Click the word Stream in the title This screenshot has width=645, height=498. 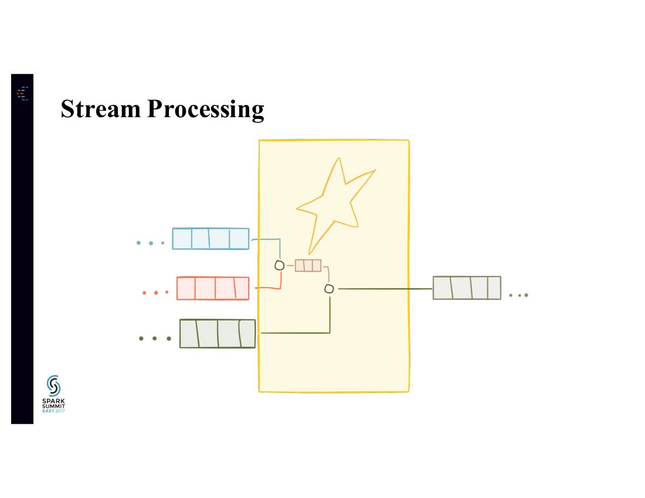[x=99, y=109]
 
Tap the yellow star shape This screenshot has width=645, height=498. [x=335, y=202]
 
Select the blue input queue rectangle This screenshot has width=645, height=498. [x=211, y=238]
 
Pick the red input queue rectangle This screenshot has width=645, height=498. [x=213, y=288]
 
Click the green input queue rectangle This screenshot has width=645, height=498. [x=218, y=333]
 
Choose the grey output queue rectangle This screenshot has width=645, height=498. [x=467, y=288]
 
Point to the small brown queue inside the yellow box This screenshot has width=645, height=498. [x=308, y=265]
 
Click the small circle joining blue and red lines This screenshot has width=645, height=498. [x=280, y=265]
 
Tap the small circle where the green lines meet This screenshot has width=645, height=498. [x=329, y=289]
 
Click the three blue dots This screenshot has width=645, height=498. [x=150, y=243]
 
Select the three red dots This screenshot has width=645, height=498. [x=155, y=292]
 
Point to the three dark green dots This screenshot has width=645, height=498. [x=154, y=338]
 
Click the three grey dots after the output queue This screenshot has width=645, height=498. [x=518, y=295]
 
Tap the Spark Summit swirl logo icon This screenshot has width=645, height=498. [x=53, y=386]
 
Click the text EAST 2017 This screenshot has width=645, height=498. [x=53, y=411]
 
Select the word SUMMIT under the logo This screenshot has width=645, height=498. [x=53, y=406]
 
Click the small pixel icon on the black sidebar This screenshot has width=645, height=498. [x=22, y=93]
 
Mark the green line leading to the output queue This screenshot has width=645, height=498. [x=384, y=289]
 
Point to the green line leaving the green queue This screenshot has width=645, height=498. [x=293, y=333]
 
